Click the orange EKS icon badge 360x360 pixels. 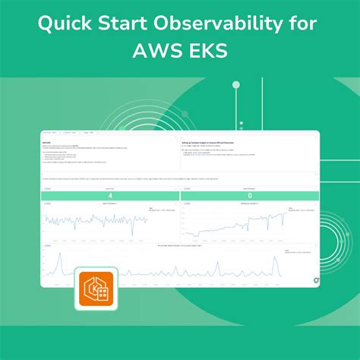tap(96, 289)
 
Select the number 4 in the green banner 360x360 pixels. tap(110, 195)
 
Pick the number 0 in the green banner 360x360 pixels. tap(250, 195)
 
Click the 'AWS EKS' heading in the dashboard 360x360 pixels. tap(48, 141)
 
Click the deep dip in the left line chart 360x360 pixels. tap(132, 232)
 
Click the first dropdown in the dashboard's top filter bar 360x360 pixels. tap(51, 134)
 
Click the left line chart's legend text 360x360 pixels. tap(155, 209)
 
